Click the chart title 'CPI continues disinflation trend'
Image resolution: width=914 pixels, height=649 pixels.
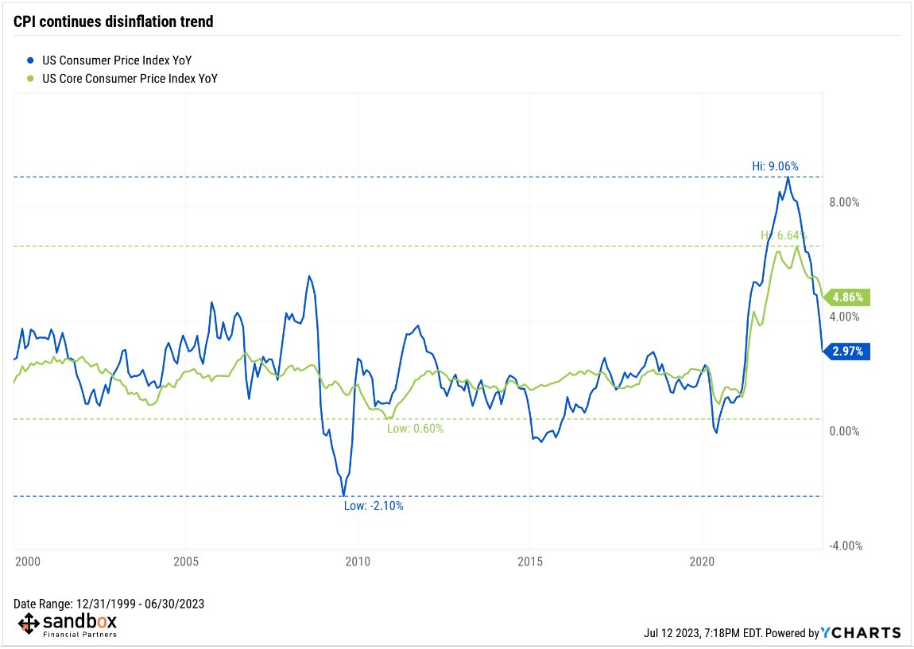point(114,21)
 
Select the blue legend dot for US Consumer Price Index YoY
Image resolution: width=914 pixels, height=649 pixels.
point(29,60)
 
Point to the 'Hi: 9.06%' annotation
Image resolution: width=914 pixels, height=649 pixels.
point(775,166)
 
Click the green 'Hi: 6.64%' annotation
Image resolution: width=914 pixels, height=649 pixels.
point(784,235)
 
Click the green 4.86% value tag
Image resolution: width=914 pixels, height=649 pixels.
point(848,298)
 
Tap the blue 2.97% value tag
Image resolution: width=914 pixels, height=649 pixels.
point(848,351)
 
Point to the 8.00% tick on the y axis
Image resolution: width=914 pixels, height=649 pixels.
point(845,202)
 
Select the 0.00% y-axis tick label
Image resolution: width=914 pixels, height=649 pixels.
point(845,431)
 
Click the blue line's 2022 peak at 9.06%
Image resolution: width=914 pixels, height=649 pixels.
point(788,177)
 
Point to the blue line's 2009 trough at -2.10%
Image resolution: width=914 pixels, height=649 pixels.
point(343,496)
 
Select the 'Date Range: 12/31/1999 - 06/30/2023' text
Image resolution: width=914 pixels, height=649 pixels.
point(109,604)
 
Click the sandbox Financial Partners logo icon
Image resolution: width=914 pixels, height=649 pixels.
point(28,624)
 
